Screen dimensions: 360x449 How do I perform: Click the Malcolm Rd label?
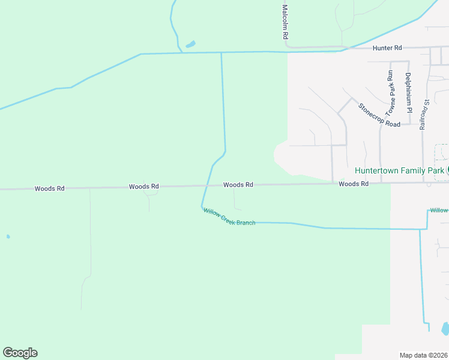coord(285,23)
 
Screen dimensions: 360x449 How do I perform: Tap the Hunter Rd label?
coord(387,47)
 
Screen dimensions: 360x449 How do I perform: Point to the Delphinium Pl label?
coord(408,92)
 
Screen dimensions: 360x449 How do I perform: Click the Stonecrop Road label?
coord(379,115)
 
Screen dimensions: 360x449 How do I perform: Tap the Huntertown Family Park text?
coord(399,170)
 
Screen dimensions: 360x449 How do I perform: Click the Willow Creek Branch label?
coord(229,217)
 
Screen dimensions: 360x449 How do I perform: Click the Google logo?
coord(20,353)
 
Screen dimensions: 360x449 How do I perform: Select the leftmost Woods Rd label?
coord(49,188)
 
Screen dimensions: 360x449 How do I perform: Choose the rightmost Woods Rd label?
coord(353,184)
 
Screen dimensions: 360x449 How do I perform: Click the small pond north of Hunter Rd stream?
coord(190,44)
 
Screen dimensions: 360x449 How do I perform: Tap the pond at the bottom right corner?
coord(445,329)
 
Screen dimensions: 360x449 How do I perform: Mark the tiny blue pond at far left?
coord(8,236)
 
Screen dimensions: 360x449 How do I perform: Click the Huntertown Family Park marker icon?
coord(448,170)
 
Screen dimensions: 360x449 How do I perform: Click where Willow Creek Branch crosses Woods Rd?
coord(206,186)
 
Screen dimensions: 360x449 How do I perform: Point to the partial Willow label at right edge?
coord(439,211)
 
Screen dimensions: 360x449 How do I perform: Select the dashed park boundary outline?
coord(441,152)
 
